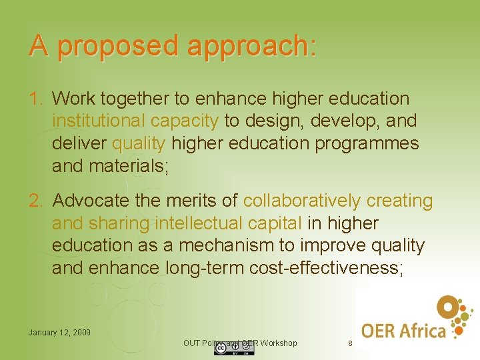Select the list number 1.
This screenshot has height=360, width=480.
35,99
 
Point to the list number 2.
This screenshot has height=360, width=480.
35,201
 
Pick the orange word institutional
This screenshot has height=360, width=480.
99,121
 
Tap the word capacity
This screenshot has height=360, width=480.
185,121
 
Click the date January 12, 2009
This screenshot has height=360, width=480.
59,332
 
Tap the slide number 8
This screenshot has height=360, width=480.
350,343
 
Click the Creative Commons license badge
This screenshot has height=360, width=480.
234,349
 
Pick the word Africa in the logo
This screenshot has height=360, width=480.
429,330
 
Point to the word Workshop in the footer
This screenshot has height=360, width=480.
279,343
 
